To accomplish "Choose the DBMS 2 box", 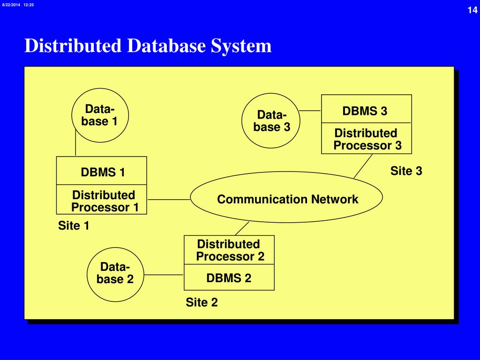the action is click(229, 277).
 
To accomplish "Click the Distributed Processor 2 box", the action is click(229, 250).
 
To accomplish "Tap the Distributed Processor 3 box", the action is click(367, 138).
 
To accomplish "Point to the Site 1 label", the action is click(74, 225).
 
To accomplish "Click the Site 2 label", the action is click(202, 302).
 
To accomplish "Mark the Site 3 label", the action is click(406, 171).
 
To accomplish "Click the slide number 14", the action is click(472, 10).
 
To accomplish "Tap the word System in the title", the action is click(241, 46).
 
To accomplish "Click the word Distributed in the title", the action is click(73, 45).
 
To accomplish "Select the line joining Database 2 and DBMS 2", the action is click(164, 275).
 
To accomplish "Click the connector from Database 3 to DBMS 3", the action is click(310, 111).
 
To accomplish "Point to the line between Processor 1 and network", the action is click(169, 200).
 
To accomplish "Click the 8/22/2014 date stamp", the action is click(11, 5).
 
